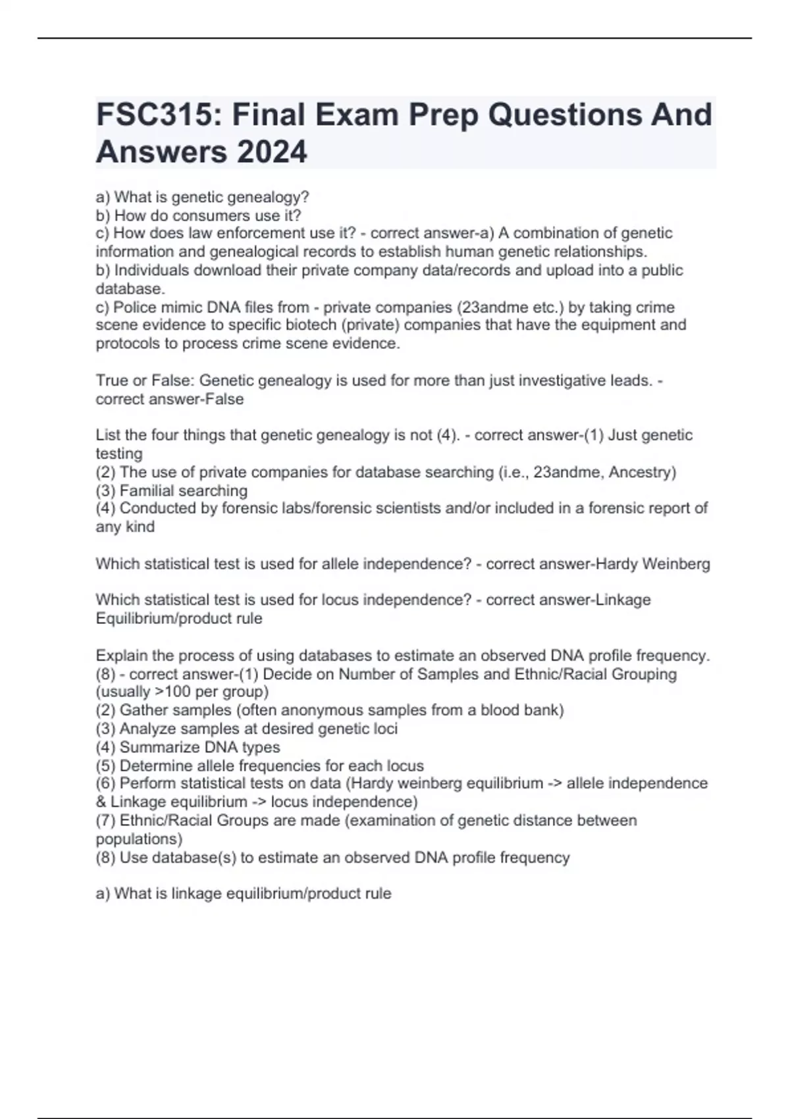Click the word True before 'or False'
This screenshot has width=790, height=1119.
coord(111,380)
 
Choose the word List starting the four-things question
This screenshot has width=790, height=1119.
coord(107,435)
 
